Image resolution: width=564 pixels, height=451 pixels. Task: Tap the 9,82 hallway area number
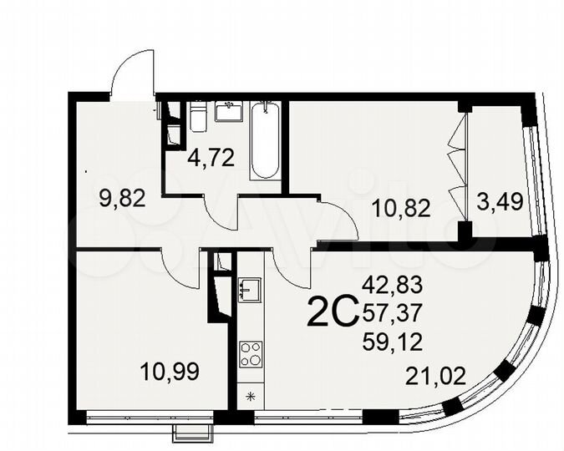122,198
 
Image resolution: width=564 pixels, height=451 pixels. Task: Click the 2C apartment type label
333,314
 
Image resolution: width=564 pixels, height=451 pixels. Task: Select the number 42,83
393,285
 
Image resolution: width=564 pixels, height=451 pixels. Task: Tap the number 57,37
393,313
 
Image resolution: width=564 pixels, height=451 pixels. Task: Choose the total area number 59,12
393,341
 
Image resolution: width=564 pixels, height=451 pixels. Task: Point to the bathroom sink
228,111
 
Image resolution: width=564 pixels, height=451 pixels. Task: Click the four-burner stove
251,355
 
